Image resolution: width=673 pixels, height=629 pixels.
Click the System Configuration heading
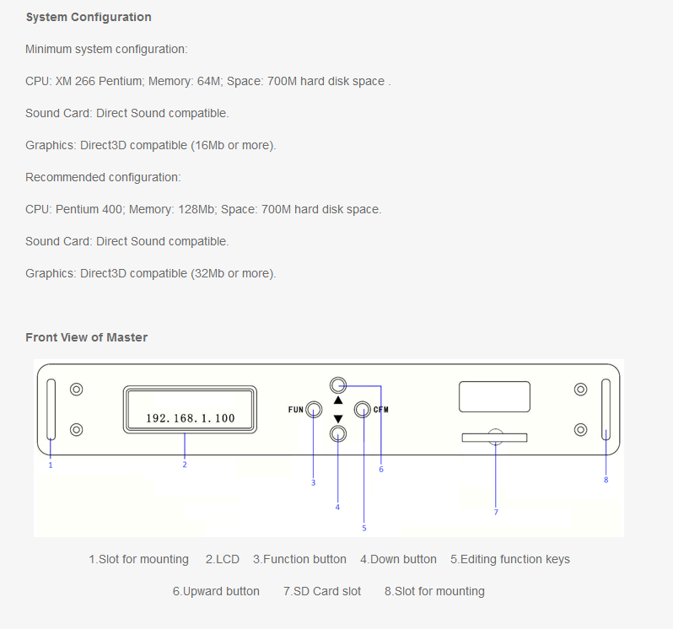89,17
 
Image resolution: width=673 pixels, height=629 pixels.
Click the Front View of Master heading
86,337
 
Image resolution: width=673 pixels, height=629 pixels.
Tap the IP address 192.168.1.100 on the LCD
191,418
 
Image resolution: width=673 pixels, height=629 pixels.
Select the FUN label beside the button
296,409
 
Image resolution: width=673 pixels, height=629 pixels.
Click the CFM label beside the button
380,409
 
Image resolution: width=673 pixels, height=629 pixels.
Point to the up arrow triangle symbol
338,401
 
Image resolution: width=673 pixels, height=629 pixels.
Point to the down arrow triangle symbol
338,419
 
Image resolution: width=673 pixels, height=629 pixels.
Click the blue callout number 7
496,513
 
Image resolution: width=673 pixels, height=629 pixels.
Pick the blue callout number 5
364,528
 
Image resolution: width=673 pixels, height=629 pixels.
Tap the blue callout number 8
606,480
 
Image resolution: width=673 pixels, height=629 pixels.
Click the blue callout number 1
51,465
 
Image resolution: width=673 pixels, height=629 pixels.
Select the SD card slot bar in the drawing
494,438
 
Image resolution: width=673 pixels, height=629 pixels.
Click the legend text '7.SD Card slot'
322,591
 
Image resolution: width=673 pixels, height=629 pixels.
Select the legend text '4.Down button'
398,559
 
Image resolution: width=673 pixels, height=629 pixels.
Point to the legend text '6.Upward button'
216,591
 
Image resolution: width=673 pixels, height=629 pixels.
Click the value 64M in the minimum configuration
208,81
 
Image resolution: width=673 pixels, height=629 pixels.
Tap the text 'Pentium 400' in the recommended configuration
89,209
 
